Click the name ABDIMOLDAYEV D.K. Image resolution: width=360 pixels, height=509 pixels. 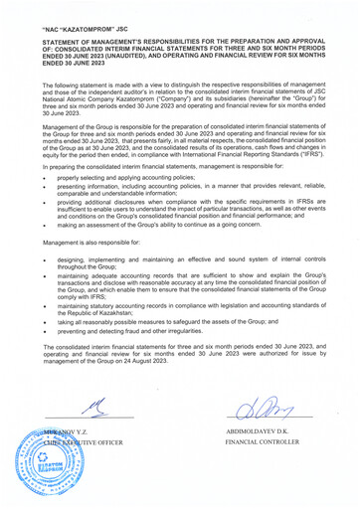coord(265,432)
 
